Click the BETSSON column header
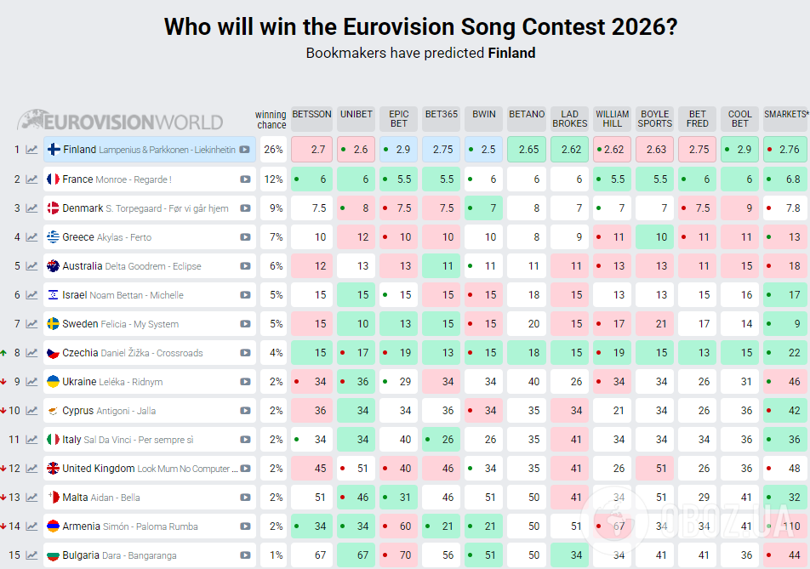(x=311, y=115)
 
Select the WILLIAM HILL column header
(x=612, y=118)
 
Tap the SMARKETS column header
(x=784, y=115)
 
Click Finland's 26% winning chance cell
(x=273, y=150)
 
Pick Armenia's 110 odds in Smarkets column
(x=784, y=526)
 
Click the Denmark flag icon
(x=53, y=208)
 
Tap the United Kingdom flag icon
(x=53, y=469)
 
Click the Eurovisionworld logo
(x=121, y=121)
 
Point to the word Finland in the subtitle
(x=511, y=53)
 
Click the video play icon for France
(x=245, y=179)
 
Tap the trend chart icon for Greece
(x=31, y=237)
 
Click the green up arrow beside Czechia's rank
(x=4, y=352)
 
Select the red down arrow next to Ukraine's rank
(x=4, y=382)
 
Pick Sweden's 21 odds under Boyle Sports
(x=654, y=324)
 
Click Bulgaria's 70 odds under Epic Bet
(x=399, y=555)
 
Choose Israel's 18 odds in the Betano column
(x=527, y=295)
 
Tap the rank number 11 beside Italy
(x=14, y=440)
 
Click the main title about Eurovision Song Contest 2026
(x=420, y=26)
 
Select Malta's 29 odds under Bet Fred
(x=698, y=498)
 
